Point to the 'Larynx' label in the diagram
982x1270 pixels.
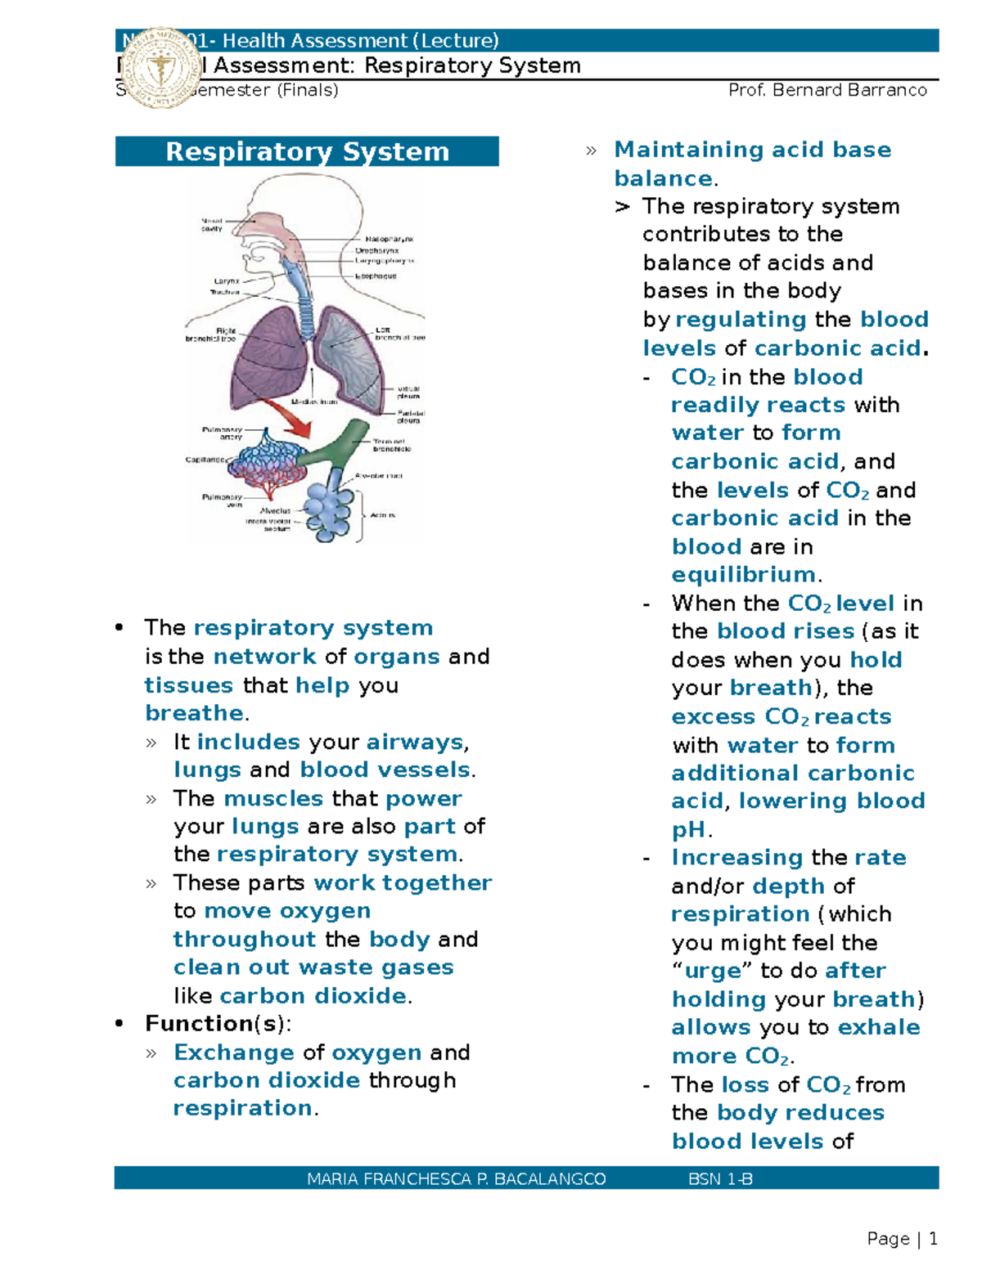coord(227,280)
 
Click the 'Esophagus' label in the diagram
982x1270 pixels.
coord(376,276)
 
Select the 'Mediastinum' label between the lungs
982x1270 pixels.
coord(314,402)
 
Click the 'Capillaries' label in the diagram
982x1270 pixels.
coord(205,460)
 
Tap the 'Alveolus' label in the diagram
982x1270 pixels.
coord(275,510)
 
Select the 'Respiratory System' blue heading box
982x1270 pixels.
coord(307,151)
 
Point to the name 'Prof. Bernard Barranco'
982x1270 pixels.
coord(827,90)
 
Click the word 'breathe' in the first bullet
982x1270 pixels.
coord(194,713)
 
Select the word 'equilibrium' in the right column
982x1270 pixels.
coord(743,575)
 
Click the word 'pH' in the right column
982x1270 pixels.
coord(688,830)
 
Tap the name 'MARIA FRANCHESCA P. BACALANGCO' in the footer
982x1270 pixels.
coord(456,1178)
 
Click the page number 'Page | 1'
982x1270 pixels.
coord(902,1239)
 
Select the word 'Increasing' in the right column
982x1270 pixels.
coord(736,858)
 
